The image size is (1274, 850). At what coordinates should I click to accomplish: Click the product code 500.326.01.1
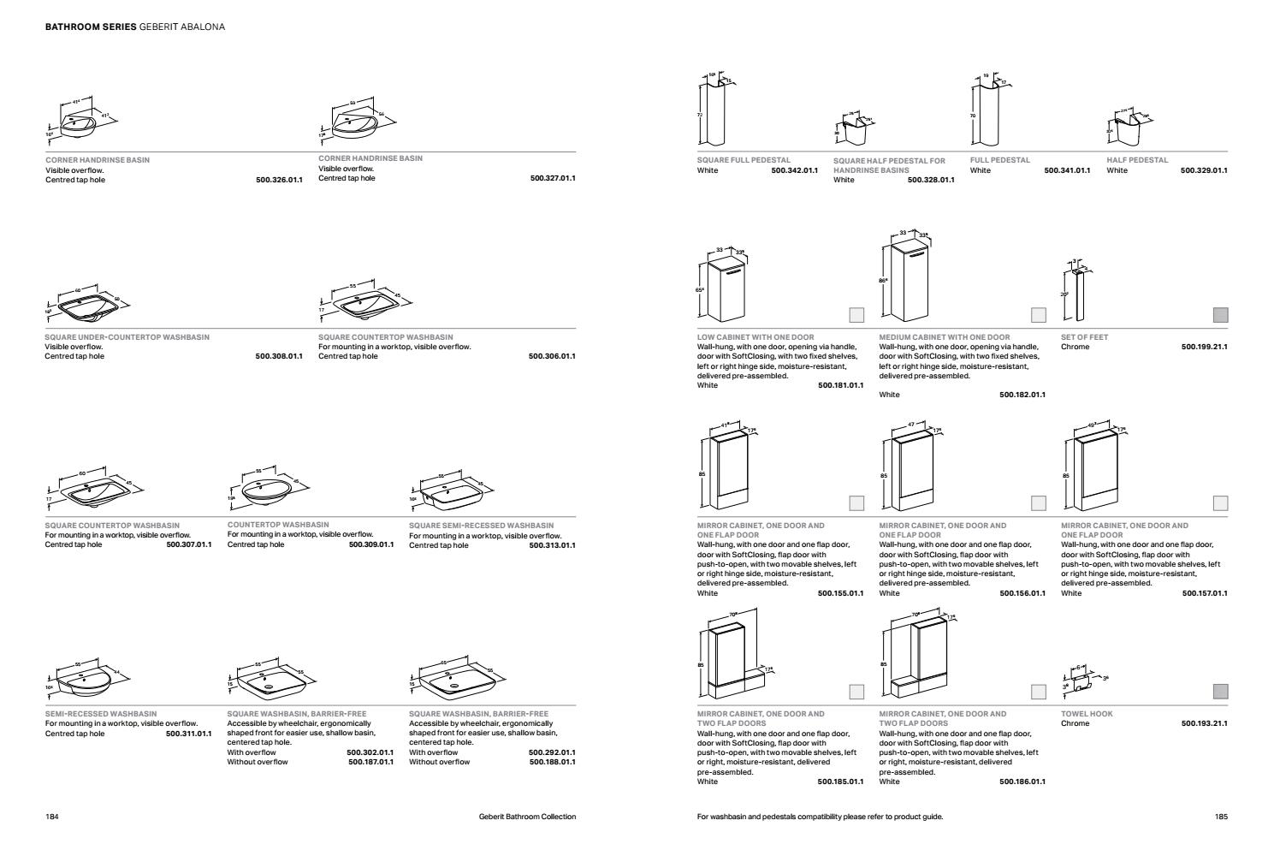[279, 180]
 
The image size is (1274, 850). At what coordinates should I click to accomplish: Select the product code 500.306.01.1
[552, 356]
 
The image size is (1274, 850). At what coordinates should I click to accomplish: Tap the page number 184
[51, 817]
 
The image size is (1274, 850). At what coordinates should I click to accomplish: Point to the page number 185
[1221, 817]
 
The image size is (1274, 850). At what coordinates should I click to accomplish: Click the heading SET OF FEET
[1084, 337]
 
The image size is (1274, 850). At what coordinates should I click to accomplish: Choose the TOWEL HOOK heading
[1087, 713]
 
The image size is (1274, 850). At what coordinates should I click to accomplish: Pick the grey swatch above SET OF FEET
[1220, 315]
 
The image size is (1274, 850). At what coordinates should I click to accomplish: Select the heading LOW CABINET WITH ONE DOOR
[756, 337]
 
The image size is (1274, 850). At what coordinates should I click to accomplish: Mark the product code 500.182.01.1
[1022, 395]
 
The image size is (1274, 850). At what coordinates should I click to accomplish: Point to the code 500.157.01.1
[1204, 593]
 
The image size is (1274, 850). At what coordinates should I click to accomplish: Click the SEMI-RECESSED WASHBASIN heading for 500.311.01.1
[100, 713]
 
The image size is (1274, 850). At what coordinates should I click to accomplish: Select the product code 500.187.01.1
[370, 762]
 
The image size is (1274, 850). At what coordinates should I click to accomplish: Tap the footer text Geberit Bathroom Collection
[527, 817]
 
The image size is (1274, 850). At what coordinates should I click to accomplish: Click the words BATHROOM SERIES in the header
[90, 27]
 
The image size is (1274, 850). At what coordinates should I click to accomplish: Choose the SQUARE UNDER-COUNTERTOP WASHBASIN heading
[127, 337]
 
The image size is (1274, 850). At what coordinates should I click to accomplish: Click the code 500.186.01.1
[1022, 782]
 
